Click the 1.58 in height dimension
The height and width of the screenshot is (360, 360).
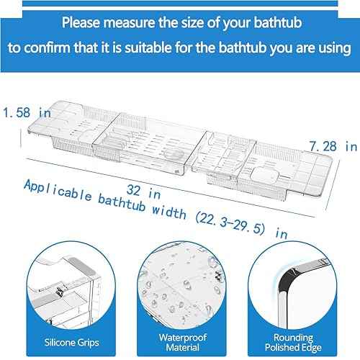[x=24, y=113]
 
